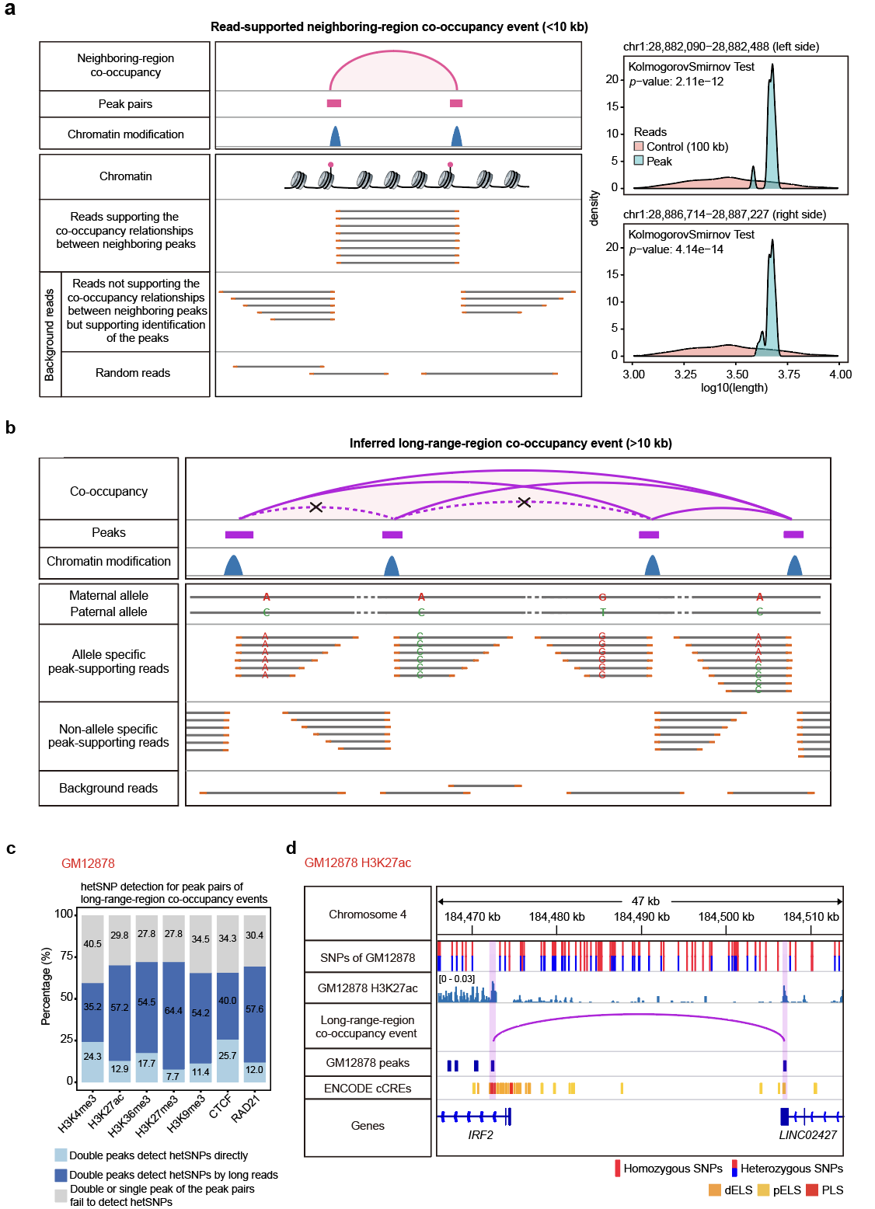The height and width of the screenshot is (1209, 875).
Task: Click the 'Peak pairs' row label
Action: [x=125, y=104]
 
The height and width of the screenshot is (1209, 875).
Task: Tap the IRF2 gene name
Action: [x=480, y=1135]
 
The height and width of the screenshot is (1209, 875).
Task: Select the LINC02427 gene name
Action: [x=807, y=1135]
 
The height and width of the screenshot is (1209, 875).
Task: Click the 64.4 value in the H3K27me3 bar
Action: [x=173, y=1011]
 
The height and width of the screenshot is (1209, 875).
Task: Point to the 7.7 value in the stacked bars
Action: [x=173, y=1077]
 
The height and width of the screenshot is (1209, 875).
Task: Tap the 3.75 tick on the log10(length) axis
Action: [x=789, y=375]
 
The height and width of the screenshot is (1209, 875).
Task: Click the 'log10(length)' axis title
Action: [x=734, y=388]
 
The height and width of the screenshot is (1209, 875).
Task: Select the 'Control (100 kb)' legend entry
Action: [x=687, y=147]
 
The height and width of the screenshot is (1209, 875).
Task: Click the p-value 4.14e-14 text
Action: [x=676, y=249]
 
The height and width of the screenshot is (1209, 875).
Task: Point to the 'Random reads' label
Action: [x=133, y=373]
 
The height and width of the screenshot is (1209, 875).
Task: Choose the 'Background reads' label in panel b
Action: [x=108, y=788]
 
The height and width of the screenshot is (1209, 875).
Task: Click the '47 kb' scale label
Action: [x=645, y=901]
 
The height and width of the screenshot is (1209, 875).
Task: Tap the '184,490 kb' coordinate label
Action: [x=641, y=917]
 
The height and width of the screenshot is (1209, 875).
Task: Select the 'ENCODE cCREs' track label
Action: [x=368, y=1089]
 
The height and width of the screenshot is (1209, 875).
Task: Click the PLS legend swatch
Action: [x=812, y=1190]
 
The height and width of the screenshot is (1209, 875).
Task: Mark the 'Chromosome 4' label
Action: [x=368, y=915]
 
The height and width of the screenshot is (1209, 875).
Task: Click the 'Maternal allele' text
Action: [x=109, y=596]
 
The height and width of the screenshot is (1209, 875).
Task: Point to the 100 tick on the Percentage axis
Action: [x=64, y=915]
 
